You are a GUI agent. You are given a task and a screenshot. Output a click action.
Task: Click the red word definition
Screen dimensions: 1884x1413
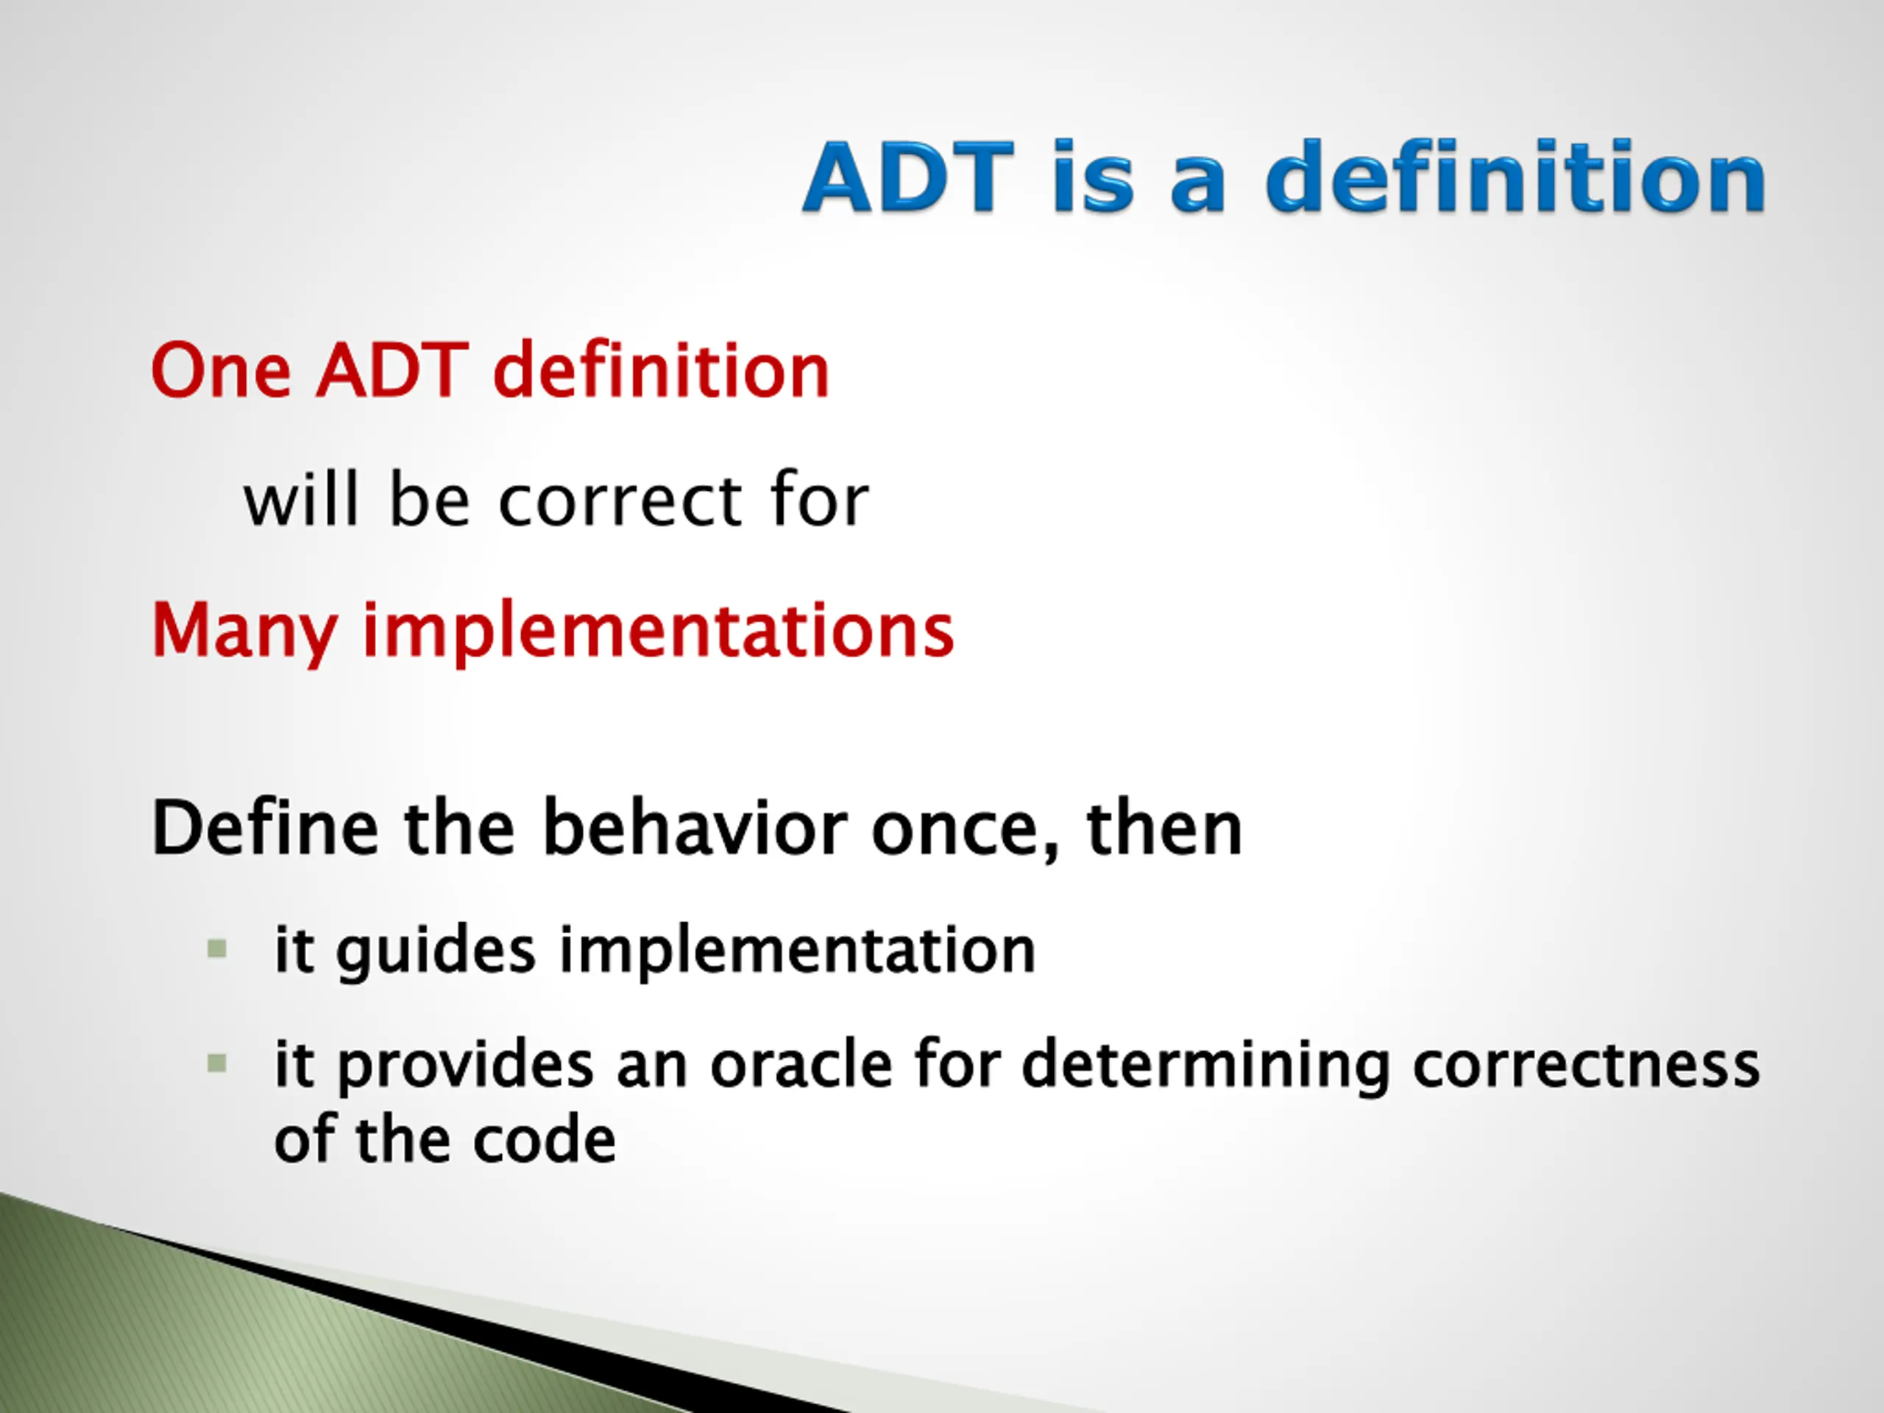tap(661, 369)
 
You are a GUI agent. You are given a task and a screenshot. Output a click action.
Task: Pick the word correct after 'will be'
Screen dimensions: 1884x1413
tap(620, 502)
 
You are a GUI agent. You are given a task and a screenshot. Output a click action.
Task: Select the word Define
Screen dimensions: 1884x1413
tap(265, 827)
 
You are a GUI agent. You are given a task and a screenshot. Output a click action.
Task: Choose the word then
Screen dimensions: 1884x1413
tap(1164, 827)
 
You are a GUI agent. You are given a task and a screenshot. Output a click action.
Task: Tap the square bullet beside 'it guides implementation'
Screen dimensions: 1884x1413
tap(217, 949)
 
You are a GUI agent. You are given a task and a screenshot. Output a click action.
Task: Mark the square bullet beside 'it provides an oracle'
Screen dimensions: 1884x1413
tap(217, 1063)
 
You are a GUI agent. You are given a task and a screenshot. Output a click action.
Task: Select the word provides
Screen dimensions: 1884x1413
tap(466, 1066)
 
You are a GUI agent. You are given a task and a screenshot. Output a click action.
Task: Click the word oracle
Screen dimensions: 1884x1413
tap(801, 1065)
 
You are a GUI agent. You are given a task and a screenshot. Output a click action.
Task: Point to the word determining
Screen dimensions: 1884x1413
tap(1206, 1066)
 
